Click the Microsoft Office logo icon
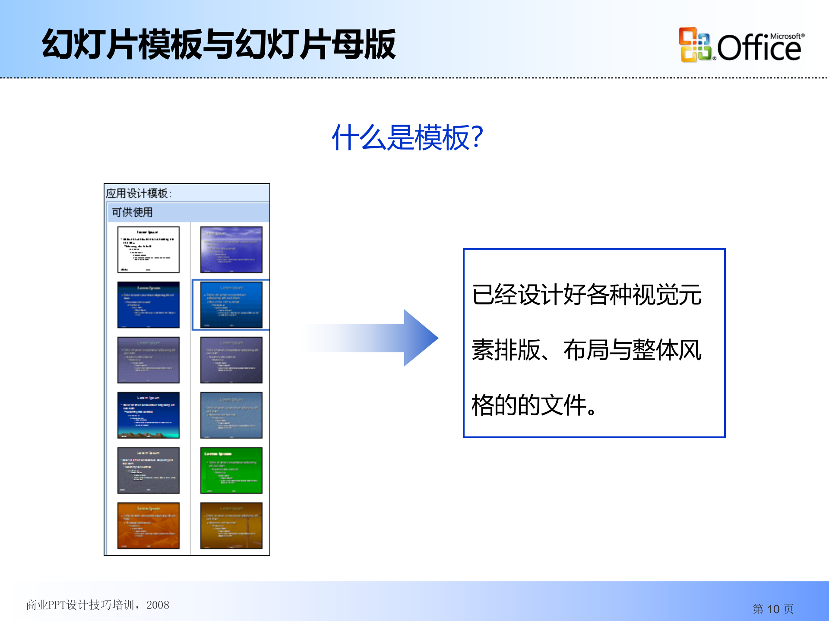point(695,45)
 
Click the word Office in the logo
point(759,48)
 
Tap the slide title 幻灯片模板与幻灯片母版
point(218,44)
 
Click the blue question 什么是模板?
point(407,138)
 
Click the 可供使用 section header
point(132,212)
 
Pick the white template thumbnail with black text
point(148,250)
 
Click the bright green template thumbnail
point(231,470)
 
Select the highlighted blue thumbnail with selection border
point(231,304)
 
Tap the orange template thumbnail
point(148,525)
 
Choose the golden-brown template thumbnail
point(231,525)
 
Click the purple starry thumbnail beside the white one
point(231,250)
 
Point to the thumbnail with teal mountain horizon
point(148,415)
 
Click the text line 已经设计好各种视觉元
point(586,295)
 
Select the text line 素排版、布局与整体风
point(586,350)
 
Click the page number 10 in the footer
point(773,609)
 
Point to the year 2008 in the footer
point(158,605)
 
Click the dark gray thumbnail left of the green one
point(148,470)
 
